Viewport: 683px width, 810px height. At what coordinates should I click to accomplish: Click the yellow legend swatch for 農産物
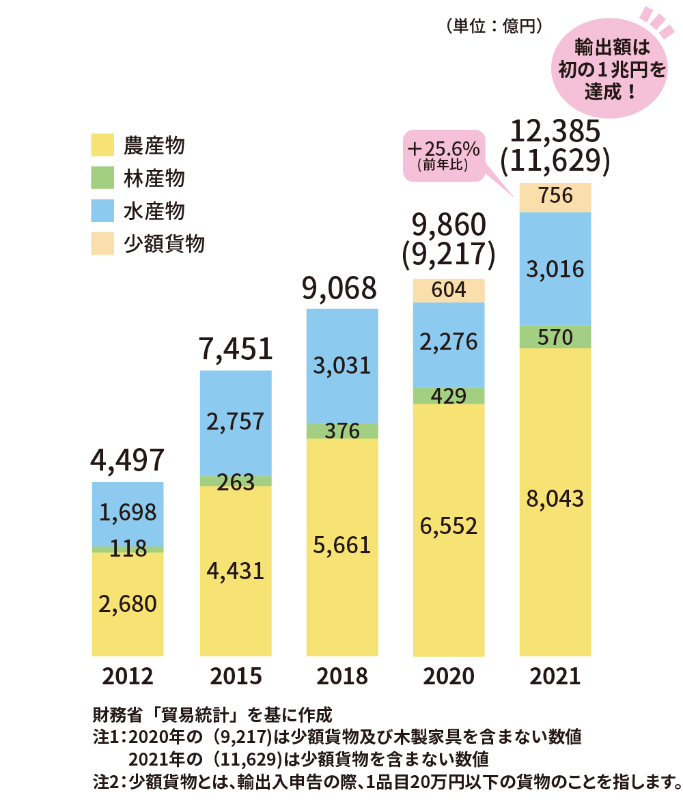click(102, 145)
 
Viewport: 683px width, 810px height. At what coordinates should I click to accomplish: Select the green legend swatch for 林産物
click(102, 178)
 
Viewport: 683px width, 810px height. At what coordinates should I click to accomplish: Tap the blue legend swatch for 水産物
click(102, 211)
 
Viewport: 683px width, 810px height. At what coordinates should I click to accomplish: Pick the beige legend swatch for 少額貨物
click(102, 244)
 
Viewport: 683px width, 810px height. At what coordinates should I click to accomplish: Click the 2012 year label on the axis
click(128, 676)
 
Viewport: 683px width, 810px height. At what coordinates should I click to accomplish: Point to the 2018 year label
click(342, 676)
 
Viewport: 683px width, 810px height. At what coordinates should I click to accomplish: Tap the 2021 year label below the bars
click(555, 676)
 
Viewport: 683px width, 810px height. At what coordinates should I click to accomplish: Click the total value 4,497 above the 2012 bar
click(128, 461)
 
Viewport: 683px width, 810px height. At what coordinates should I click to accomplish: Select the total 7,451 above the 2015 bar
click(236, 350)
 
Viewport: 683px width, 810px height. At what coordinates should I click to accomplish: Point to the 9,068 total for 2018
click(342, 288)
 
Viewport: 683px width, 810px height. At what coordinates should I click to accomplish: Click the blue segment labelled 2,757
click(236, 422)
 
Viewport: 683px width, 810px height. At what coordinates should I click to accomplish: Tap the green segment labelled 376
click(342, 431)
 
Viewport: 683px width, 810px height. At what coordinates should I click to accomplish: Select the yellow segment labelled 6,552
click(449, 527)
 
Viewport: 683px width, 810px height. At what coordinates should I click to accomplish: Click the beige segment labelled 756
click(555, 197)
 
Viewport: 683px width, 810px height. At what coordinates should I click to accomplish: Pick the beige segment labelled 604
click(449, 291)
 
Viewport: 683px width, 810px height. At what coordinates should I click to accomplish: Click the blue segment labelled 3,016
click(555, 269)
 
